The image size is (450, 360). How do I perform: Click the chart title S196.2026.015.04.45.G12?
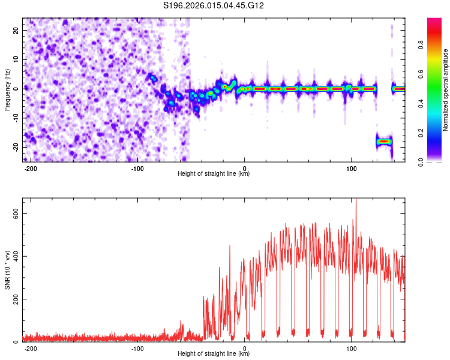point(214,6)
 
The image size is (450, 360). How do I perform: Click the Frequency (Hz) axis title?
point(7,89)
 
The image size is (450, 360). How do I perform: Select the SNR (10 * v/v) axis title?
point(7,269)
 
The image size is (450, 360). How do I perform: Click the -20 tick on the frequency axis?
point(16,147)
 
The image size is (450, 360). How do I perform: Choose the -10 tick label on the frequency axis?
point(16,118)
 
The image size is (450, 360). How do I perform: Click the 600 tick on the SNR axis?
point(14,214)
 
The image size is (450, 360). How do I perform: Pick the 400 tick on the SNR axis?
point(14,256)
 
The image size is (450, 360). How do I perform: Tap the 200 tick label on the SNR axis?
point(14,299)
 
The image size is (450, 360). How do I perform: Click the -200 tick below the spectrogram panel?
point(31,168)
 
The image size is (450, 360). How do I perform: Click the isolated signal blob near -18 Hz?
point(384,142)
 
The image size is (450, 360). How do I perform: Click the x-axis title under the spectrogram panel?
point(214,174)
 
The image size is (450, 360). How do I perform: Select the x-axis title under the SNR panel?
point(214,354)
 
